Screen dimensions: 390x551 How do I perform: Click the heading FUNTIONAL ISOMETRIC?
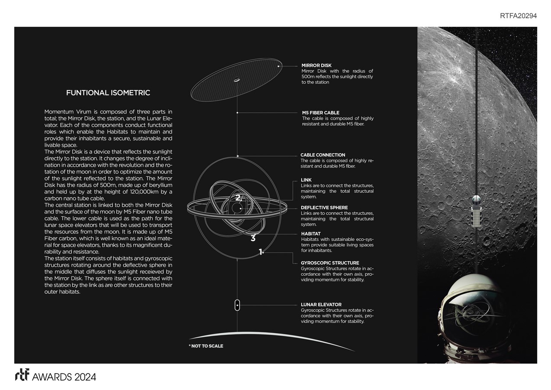coord(108,93)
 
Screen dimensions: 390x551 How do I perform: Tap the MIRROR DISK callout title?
coord(316,65)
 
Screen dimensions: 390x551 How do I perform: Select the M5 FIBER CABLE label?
coord(321,113)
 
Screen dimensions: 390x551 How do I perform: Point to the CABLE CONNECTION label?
coord(323,155)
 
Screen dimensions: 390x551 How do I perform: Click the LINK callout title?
coord(306,180)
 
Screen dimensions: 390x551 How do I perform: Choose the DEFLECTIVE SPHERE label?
coord(324,208)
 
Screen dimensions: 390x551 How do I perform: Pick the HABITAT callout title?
coord(311,234)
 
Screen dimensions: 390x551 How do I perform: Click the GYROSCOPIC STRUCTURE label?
coord(330,263)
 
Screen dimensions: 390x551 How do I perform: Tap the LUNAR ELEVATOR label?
coord(321,305)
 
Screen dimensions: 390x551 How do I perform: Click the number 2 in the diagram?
coord(238,198)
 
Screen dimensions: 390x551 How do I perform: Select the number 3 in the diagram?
coord(253,238)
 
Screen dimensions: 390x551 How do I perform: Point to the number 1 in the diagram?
coord(260,251)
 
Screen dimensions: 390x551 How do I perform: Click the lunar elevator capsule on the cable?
coord(237,305)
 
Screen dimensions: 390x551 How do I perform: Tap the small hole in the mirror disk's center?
coord(237,79)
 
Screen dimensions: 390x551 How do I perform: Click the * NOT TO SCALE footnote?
coord(206,346)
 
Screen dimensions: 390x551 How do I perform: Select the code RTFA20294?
coord(518,16)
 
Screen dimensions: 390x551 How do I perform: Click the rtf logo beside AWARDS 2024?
coord(22,376)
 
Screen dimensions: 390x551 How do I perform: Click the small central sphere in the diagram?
coord(236,208)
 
